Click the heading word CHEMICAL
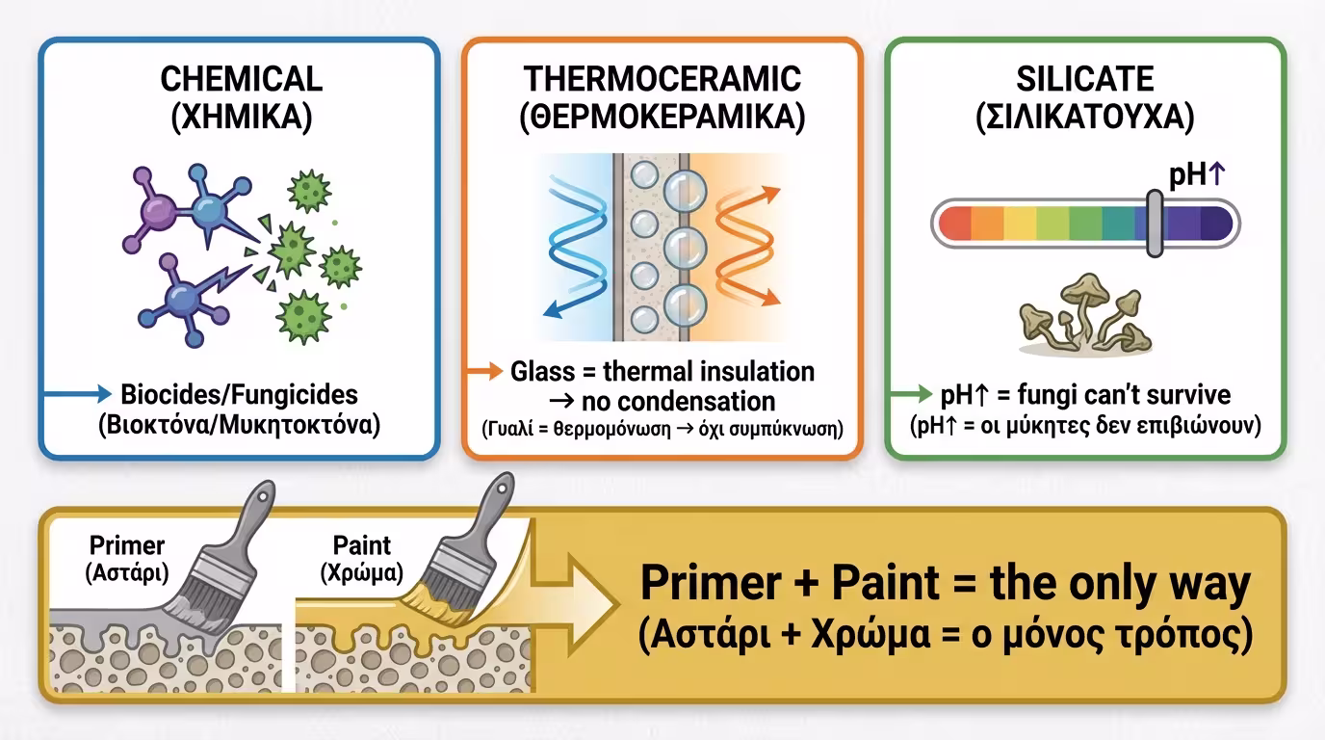click(241, 79)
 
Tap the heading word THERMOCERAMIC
click(662, 79)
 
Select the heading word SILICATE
click(1084, 79)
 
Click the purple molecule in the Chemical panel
click(154, 213)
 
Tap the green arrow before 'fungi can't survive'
click(911, 394)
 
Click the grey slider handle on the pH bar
click(1154, 223)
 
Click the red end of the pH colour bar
click(954, 223)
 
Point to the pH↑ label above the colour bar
click(1196, 174)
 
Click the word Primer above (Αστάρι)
click(127, 545)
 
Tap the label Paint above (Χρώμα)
click(362, 545)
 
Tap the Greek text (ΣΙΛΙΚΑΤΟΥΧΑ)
click(1084, 119)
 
